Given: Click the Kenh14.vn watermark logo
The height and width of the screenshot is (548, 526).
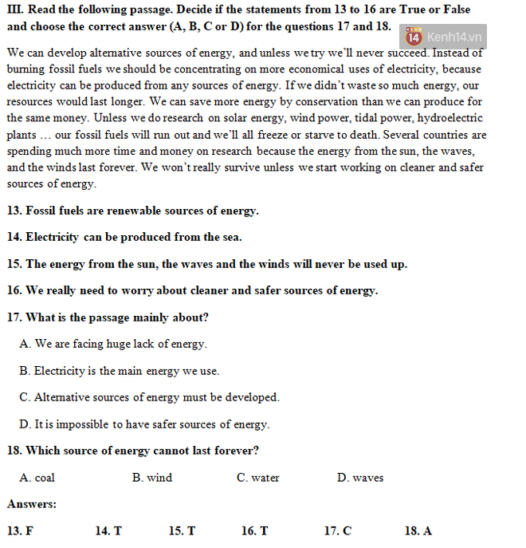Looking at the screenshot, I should (x=444, y=37).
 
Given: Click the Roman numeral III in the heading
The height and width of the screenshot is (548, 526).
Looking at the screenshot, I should (x=15, y=10).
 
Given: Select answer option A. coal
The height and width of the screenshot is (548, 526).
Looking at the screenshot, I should (x=37, y=478).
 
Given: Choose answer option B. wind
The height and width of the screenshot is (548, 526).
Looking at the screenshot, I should (x=151, y=478).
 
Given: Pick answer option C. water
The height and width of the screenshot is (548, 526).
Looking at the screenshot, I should (x=257, y=478).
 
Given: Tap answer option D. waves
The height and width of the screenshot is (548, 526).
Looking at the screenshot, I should (x=359, y=478).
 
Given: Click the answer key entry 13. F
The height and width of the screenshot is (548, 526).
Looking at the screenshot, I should (x=20, y=530).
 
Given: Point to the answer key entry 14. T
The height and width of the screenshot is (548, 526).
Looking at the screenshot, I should (x=108, y=530).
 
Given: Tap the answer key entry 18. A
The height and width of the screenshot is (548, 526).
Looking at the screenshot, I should (x=418, y=530).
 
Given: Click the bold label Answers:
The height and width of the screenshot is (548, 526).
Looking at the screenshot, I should (x=32, y=504).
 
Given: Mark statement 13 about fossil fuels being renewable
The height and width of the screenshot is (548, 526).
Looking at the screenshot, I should (x=132, y=211).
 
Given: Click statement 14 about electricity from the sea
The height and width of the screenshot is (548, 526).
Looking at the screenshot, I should (x=124, y=237).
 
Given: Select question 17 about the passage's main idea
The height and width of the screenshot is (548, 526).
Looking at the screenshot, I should (x=108, y=317).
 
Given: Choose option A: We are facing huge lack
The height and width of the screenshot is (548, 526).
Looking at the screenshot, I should (x=113, y=344).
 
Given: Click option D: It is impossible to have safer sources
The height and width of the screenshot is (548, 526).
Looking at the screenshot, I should (x=144, y=424).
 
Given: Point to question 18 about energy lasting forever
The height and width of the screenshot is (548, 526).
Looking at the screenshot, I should (x=132, y=451).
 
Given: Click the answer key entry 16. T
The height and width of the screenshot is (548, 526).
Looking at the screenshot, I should (x=254, y=530).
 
